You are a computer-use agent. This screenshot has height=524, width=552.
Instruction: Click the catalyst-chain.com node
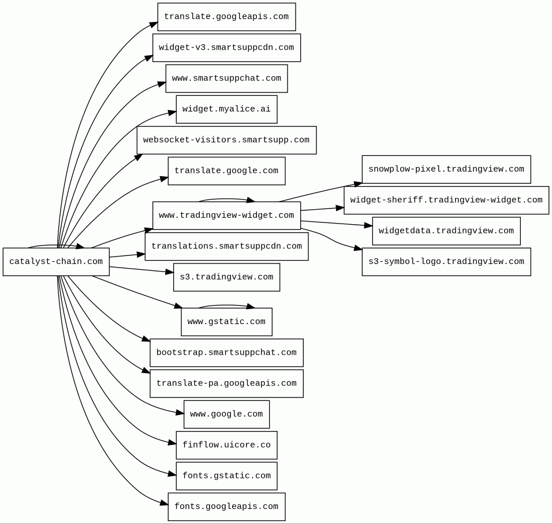click(57, 262)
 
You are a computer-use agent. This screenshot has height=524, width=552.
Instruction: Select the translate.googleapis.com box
click(226, 17)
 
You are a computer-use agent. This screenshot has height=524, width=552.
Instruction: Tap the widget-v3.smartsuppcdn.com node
click(226, 47)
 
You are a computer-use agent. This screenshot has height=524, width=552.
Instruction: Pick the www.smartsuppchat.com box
click(226, 79)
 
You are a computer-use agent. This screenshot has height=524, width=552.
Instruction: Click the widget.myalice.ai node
click(226, 109)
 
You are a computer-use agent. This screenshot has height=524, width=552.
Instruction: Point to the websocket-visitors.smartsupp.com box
click(226, 140)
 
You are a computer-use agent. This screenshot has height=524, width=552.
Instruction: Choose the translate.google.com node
click(226, 171)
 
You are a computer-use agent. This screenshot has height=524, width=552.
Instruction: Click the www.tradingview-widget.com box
click(226, 215)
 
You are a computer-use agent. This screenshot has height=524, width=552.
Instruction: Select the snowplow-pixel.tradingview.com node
click(446, 169)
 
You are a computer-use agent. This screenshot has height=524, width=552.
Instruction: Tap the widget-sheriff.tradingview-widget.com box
click(446, 200)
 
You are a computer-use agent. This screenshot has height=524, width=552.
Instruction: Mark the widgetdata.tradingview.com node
click(446, 231)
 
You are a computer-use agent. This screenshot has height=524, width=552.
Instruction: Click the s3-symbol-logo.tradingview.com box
click(446, 262)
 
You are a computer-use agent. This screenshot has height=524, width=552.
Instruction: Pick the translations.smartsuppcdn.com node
click(226, 247)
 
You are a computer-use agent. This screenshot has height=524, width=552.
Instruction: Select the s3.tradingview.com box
click(226, 277)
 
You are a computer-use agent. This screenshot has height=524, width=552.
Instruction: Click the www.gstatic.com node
click(226, 322)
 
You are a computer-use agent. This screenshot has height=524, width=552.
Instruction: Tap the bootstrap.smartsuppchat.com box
click(226, 353)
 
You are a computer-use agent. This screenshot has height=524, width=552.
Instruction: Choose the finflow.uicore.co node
click(226, 445)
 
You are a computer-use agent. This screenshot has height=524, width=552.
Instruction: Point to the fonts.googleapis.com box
click(226, 507)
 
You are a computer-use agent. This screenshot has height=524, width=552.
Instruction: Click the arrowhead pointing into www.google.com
click(180, 412)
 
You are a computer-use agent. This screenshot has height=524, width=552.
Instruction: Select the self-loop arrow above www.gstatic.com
click(226, 305)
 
